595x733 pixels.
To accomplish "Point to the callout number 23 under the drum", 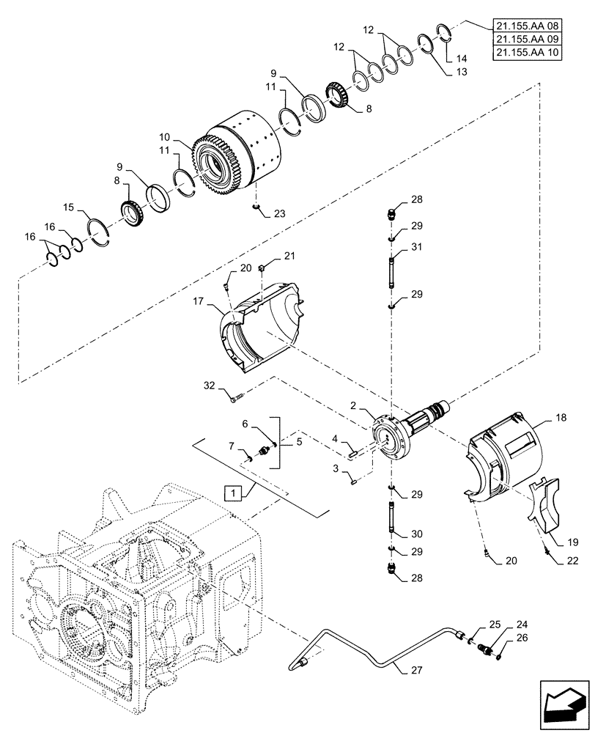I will pyautogui.click(x=279, y=214).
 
